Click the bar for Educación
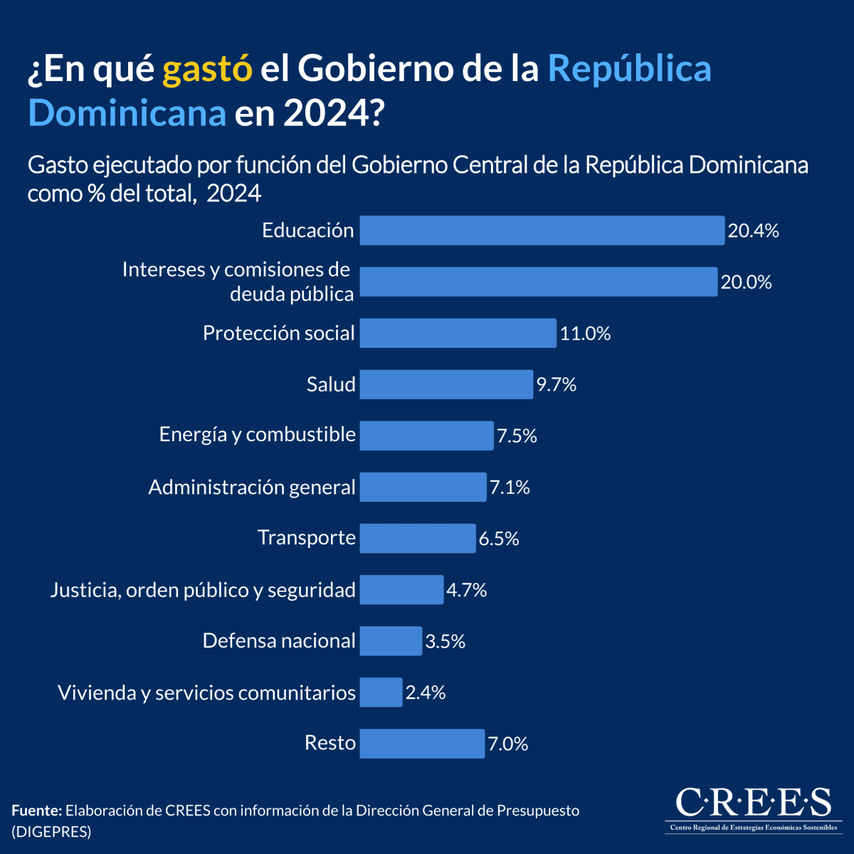[542, 231]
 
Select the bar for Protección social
[458, 333]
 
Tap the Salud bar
[446, 384]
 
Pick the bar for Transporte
[417, 538]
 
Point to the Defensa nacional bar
[391, 640]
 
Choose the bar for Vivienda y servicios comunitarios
[381, 692]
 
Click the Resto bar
[422, 744]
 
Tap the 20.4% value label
[753, 231]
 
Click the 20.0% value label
[746, 282]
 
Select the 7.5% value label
[517, 436]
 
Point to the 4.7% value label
[466, 590]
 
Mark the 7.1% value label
[510, 487]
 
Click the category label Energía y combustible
[257, 435]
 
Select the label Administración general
[251, 487]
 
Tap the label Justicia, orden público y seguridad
[203, 590]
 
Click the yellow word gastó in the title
[207, 69]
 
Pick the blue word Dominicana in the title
[127, 113]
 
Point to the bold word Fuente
[36, 811]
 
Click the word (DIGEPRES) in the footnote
[51, 831]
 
